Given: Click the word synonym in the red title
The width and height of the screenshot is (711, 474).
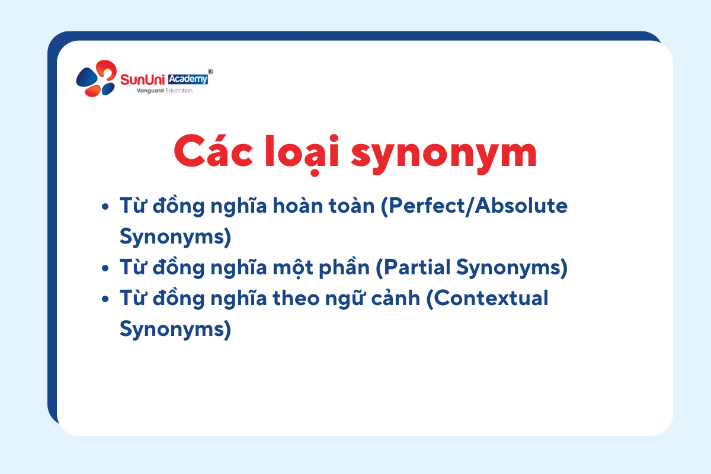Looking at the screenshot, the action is click(444, 155).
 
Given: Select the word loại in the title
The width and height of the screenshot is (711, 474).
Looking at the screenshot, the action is click(302, 155).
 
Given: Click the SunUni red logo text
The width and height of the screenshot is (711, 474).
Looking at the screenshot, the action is click(143, 79).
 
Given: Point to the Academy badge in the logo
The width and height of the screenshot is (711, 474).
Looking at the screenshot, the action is click(188, 79).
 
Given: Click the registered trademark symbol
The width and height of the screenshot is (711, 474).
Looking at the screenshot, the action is click(210, 72).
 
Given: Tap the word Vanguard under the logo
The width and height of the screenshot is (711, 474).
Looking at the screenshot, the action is click(150, 91).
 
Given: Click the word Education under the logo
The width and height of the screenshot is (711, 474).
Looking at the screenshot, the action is click(179, 91).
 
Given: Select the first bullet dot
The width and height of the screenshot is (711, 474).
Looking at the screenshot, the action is click(105, 207).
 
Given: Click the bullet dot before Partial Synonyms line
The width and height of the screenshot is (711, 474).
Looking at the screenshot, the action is click(105, 268).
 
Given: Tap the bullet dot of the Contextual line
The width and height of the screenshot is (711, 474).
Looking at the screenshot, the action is click(105, 299).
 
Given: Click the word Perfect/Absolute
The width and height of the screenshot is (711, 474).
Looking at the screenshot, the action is click(474, 206).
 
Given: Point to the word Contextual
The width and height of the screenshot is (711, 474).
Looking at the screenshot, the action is click(488, 299).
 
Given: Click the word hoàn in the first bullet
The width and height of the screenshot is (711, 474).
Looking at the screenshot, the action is click(298, 205).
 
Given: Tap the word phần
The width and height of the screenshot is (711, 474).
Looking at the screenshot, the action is click(344, 267).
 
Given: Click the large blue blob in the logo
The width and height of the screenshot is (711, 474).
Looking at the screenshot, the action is click(87, 77).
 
